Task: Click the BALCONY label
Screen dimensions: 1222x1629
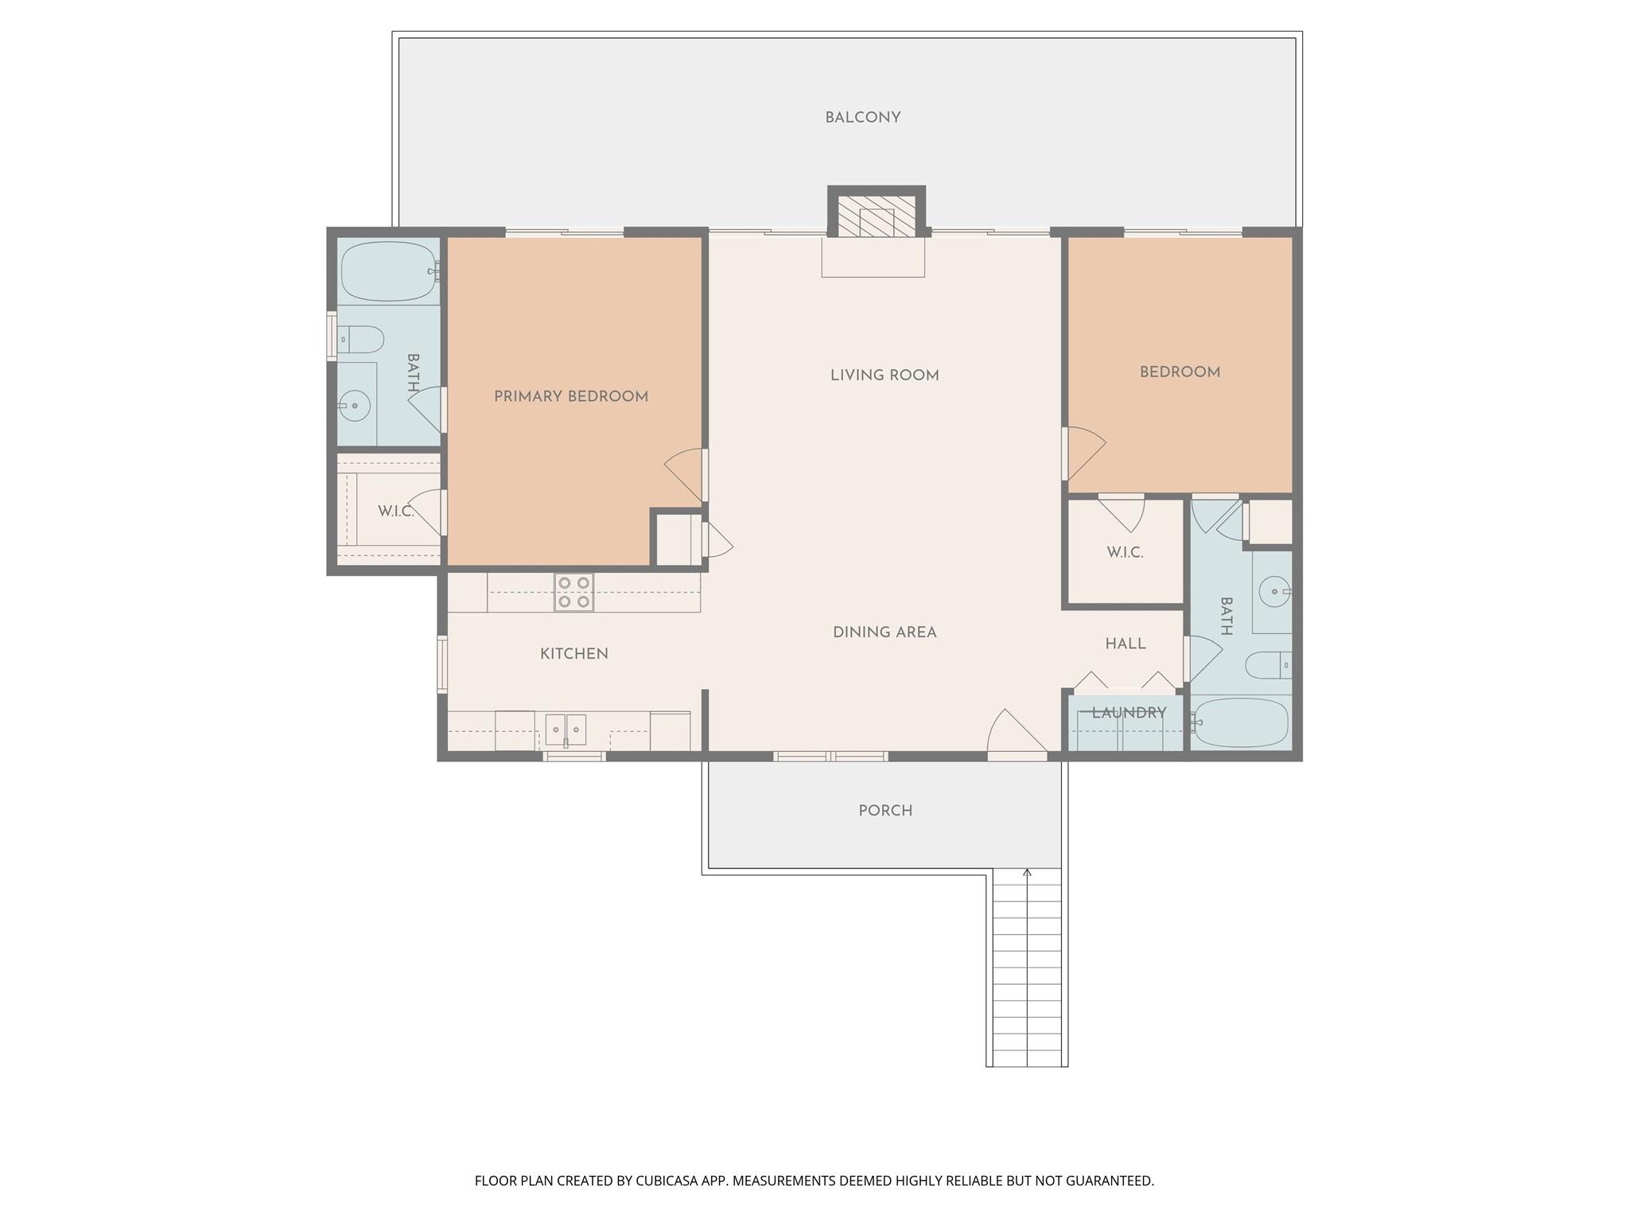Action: [x=862, y=118]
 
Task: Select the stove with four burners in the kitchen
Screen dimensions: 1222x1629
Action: [x=573, y=593]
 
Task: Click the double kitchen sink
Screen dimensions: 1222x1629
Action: [x=566, y=730]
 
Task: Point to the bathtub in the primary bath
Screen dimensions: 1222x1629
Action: [x=388, y=271]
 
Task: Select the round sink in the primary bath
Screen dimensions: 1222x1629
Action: [x=355, y=406]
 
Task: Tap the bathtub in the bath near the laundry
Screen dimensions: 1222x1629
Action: [x=1240, y=722]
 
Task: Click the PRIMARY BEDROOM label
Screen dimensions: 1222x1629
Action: [x=570, y=396]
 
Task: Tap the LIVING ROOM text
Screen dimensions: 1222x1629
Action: [x=884, y=376]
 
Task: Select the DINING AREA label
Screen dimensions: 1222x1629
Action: [x=884, y=632]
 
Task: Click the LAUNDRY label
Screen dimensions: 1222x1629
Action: [x=1128, y=713]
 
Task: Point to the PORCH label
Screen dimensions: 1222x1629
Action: [x=884, y=811]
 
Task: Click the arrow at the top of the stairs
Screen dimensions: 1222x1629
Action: [x=1027, y=874]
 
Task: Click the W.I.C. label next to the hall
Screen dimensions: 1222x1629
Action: [x=1124, y=552]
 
